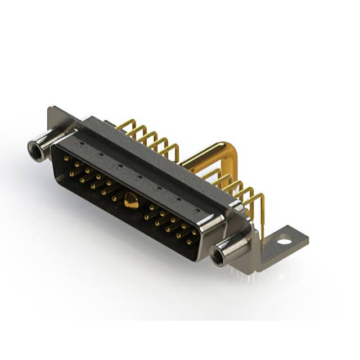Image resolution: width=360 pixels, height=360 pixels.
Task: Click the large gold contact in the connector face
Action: click(x=130, y=200)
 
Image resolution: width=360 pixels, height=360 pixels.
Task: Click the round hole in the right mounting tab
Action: click(x=285, y=240)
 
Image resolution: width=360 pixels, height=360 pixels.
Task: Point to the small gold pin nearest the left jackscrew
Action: click(x=67, y=159)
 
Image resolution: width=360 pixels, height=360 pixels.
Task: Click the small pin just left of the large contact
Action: click(x=115, y=198)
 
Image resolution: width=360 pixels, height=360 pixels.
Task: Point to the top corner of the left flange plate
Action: click(x=52, y=107)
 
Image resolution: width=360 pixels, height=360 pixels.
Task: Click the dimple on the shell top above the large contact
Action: click(x=139, y=176)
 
